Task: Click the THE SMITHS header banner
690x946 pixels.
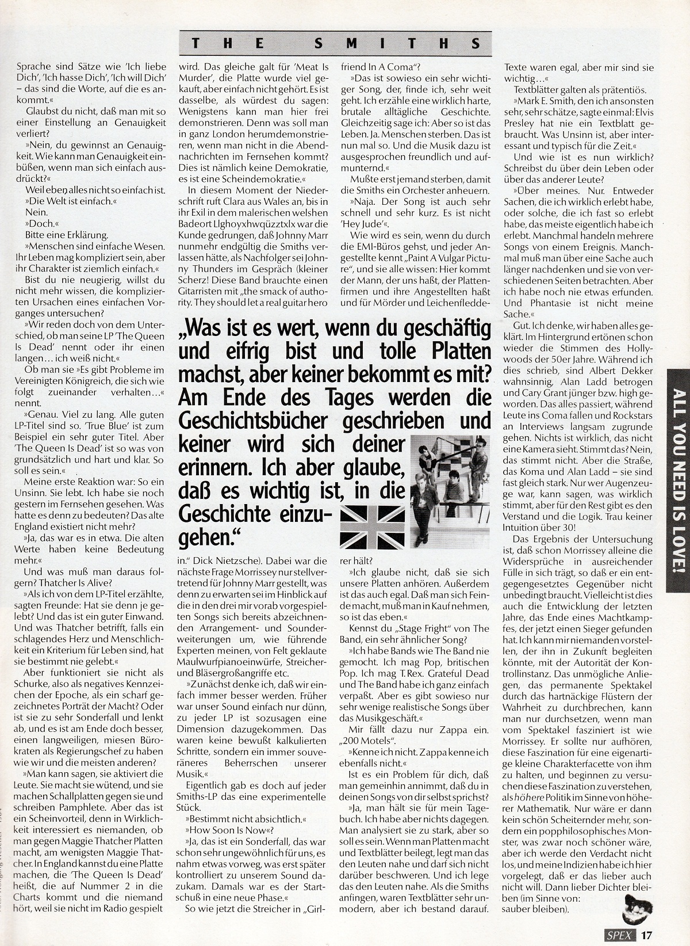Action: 336,43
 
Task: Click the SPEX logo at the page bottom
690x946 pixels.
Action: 623,935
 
